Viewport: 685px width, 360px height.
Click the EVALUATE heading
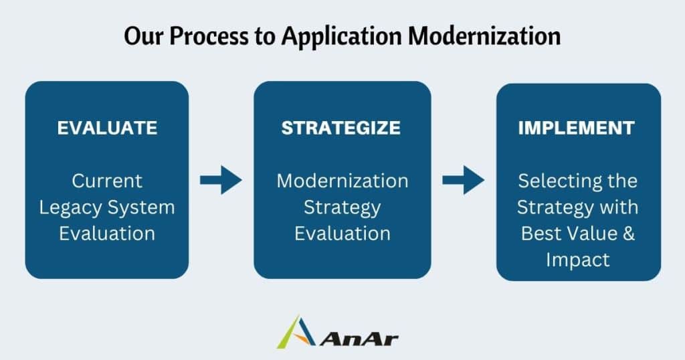[107, 128]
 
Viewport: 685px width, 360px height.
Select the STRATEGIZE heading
[341, 128]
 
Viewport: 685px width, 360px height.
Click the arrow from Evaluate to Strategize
[221, 180]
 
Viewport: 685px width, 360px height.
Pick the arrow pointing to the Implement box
[463, 180]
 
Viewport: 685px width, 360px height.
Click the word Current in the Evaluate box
[107, 181]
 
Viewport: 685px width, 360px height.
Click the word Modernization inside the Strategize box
[342, 181]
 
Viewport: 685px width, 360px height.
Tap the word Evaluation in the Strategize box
[342, 234]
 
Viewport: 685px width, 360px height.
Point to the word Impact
[578, 260]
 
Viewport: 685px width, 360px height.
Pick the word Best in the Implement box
[545, 234]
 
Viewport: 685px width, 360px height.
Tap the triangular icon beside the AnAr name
[296, 333]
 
